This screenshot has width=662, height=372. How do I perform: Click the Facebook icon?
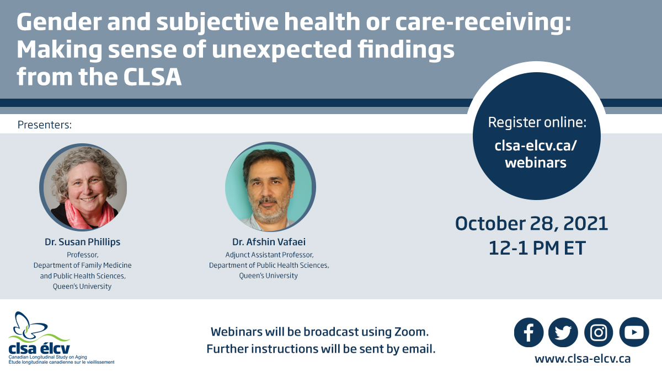(x=528, y=332)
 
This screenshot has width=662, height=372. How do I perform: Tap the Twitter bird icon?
(x=563, y=332)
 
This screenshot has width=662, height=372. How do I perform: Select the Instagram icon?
(x=599, y=332)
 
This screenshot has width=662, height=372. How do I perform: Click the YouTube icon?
(x=634, y=332)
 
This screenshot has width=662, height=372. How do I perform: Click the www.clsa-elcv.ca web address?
(x=583, y=359)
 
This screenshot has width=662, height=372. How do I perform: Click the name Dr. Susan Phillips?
(x=82, y=242)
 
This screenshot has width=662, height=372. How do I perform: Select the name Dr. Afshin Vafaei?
(x=269, y=242)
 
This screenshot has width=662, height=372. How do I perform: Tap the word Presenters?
(x=45, y=125)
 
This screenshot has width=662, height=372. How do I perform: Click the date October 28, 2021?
(x=531, y=224)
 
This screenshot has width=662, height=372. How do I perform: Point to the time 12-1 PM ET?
(x=537, y=248)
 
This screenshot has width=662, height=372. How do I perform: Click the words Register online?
(x=537, y=122)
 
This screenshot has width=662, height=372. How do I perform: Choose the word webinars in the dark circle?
(x=536, y=163)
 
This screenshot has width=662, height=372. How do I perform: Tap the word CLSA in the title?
(x=152, y=77)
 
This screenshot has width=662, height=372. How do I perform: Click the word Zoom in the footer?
(x=411, y=332)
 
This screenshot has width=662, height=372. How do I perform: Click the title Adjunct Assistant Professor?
(x=269, y=255)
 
